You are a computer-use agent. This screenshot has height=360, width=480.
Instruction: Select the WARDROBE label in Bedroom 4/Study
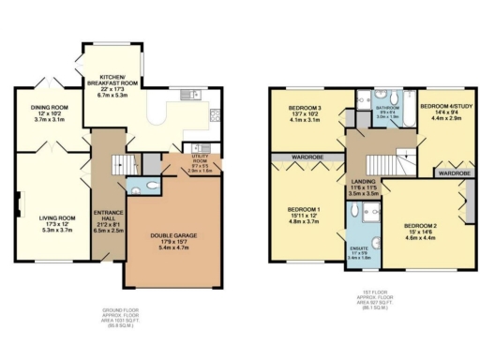pyautogui.click(x=453, y=173)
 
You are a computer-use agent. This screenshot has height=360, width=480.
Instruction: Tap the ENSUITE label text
pyautogui.click(x=357, y=247)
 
